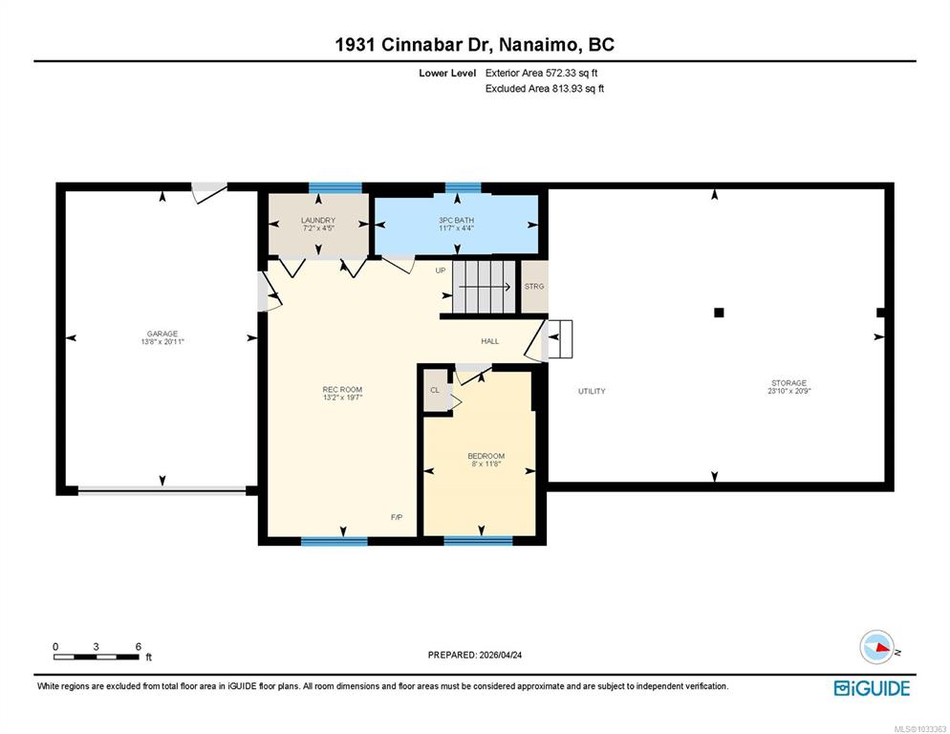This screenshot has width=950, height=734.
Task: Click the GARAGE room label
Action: [162, 334]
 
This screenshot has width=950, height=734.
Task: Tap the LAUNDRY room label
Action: [317, 221]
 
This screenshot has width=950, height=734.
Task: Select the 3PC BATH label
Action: [458, 221]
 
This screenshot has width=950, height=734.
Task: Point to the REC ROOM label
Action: [342, 389]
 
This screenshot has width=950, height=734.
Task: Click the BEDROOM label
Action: [486, 456]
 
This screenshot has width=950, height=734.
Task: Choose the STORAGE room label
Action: [788, 383]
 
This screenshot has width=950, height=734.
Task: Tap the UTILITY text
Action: [592, 391]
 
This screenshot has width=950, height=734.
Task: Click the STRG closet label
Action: [534, 286]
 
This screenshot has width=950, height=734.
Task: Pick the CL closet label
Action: [435, 390]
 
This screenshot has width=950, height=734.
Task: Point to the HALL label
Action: [489, 341]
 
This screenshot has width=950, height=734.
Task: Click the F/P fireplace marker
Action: [397, 517]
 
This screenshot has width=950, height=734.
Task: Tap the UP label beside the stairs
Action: [441, 270]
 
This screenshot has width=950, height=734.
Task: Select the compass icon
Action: [877, 647]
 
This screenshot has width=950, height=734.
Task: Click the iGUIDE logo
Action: [872, 688]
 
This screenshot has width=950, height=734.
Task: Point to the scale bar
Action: [97, 657]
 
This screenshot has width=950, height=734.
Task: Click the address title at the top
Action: [474, 45]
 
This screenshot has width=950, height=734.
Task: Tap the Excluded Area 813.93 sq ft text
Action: [545, 89]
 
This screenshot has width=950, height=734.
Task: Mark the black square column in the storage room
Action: [720, 312]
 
